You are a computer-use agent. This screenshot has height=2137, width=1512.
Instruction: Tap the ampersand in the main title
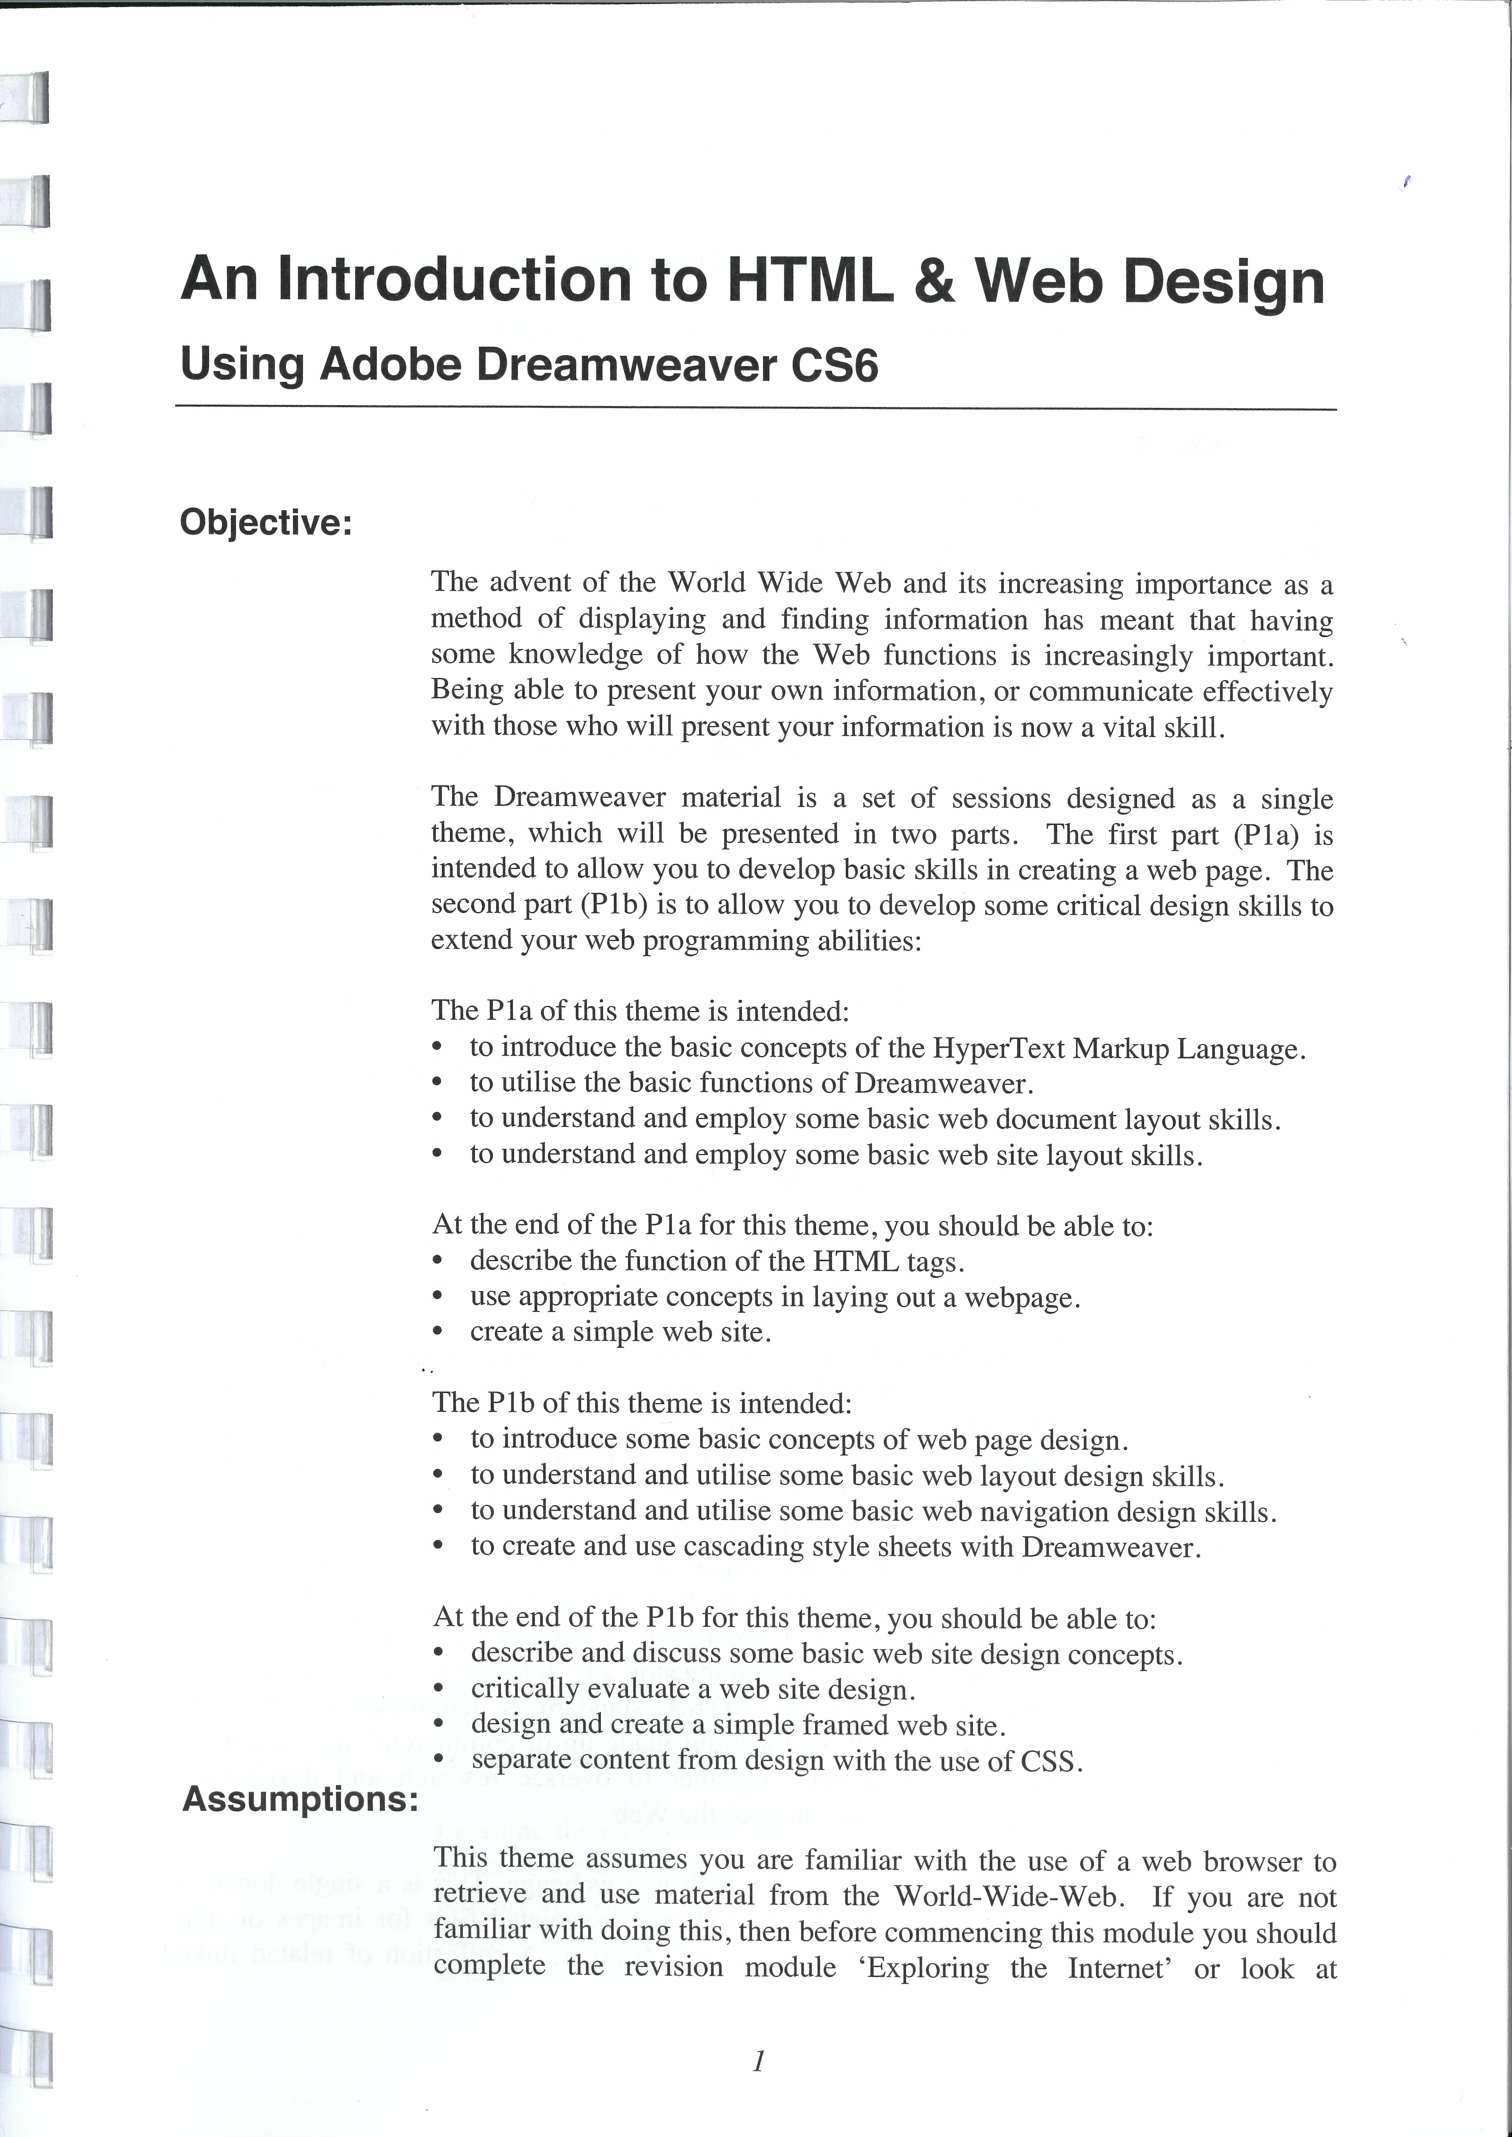pos(934,280)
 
